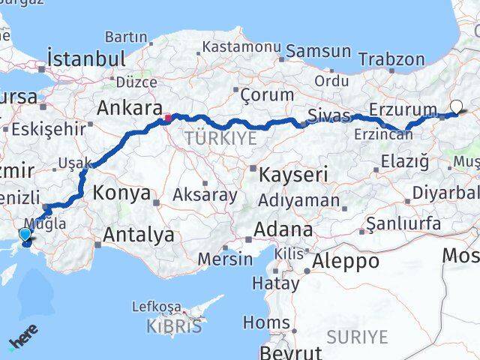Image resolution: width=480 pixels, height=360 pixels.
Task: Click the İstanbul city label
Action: point(85,58)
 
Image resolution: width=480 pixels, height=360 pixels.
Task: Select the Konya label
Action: point(121,193)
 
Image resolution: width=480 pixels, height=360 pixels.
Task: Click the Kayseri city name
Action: point(293,175)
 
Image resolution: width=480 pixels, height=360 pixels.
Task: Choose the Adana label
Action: point(283,229)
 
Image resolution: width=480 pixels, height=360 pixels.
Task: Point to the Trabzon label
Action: point(391,59)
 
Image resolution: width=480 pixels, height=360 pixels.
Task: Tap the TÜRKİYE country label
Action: point(220,138)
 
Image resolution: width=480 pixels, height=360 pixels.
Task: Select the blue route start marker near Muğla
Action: point(26,235)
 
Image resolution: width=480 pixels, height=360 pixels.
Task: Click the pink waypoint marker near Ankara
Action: point(169,117)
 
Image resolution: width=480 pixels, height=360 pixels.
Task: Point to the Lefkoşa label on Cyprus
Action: point(157,306)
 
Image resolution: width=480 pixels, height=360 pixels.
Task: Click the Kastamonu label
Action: point(238,47)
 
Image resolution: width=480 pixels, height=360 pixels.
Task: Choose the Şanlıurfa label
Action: point(401,223)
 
